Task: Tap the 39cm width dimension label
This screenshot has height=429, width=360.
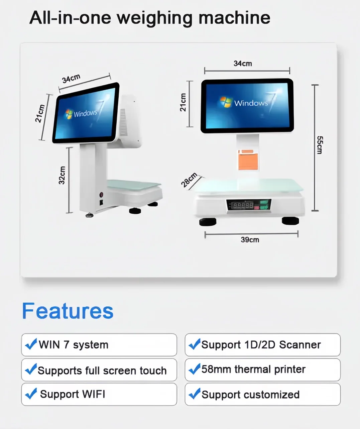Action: point(250,240)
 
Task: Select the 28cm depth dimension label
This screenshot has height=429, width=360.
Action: point(189,180)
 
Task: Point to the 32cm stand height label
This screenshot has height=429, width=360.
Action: point(62,175)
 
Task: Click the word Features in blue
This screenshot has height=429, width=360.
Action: point(68,311)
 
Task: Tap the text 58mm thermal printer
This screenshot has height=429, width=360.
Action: point(253,369)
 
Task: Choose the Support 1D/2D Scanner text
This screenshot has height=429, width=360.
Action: point(261,345)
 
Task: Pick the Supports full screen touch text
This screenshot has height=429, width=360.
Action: point(102,370)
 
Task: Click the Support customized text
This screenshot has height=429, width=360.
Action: point(250,395)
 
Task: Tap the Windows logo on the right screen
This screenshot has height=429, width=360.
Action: point(226,102)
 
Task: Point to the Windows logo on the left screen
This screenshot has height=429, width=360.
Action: point(69,114)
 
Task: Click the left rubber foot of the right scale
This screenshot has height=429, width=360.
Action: point(208,221)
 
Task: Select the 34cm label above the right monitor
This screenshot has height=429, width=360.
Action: point(243,64)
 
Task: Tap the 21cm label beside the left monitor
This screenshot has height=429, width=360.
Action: point(40,114)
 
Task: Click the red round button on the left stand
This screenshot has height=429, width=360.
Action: point(101,194)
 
